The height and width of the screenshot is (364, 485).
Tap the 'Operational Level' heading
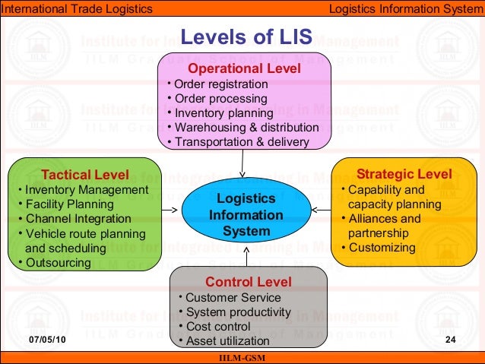245,68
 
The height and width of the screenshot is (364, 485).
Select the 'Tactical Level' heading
84,174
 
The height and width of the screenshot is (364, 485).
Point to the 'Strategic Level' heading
404,174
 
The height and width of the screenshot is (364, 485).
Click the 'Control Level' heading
248,282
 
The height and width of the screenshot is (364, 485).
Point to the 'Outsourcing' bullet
58,263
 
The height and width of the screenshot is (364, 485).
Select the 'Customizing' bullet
382,248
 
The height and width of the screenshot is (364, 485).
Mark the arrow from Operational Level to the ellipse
242,162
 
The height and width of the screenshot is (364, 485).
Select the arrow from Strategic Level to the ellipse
322,210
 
